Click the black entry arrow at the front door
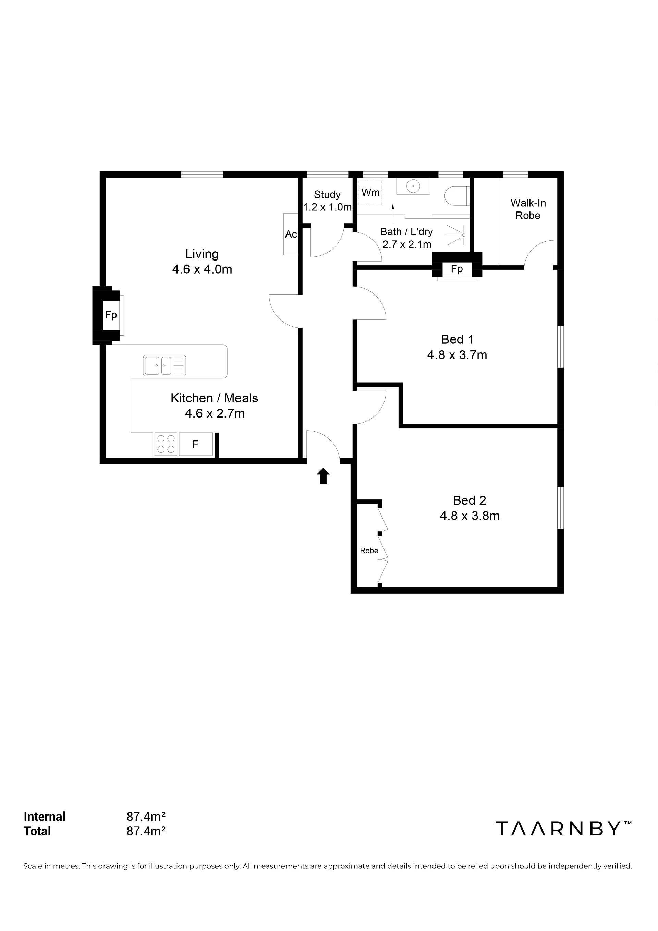323,476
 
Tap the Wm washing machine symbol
370,192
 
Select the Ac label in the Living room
291,234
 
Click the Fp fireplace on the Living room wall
111,315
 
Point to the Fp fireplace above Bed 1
457,269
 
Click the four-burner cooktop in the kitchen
166,444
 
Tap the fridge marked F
196,444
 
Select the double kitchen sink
164,366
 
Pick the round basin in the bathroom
413,187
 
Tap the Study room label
327,195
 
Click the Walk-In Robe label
528,209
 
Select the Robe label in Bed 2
369,551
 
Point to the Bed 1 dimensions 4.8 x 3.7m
457,355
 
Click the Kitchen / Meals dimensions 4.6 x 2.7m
215,414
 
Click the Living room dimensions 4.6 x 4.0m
202,269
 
